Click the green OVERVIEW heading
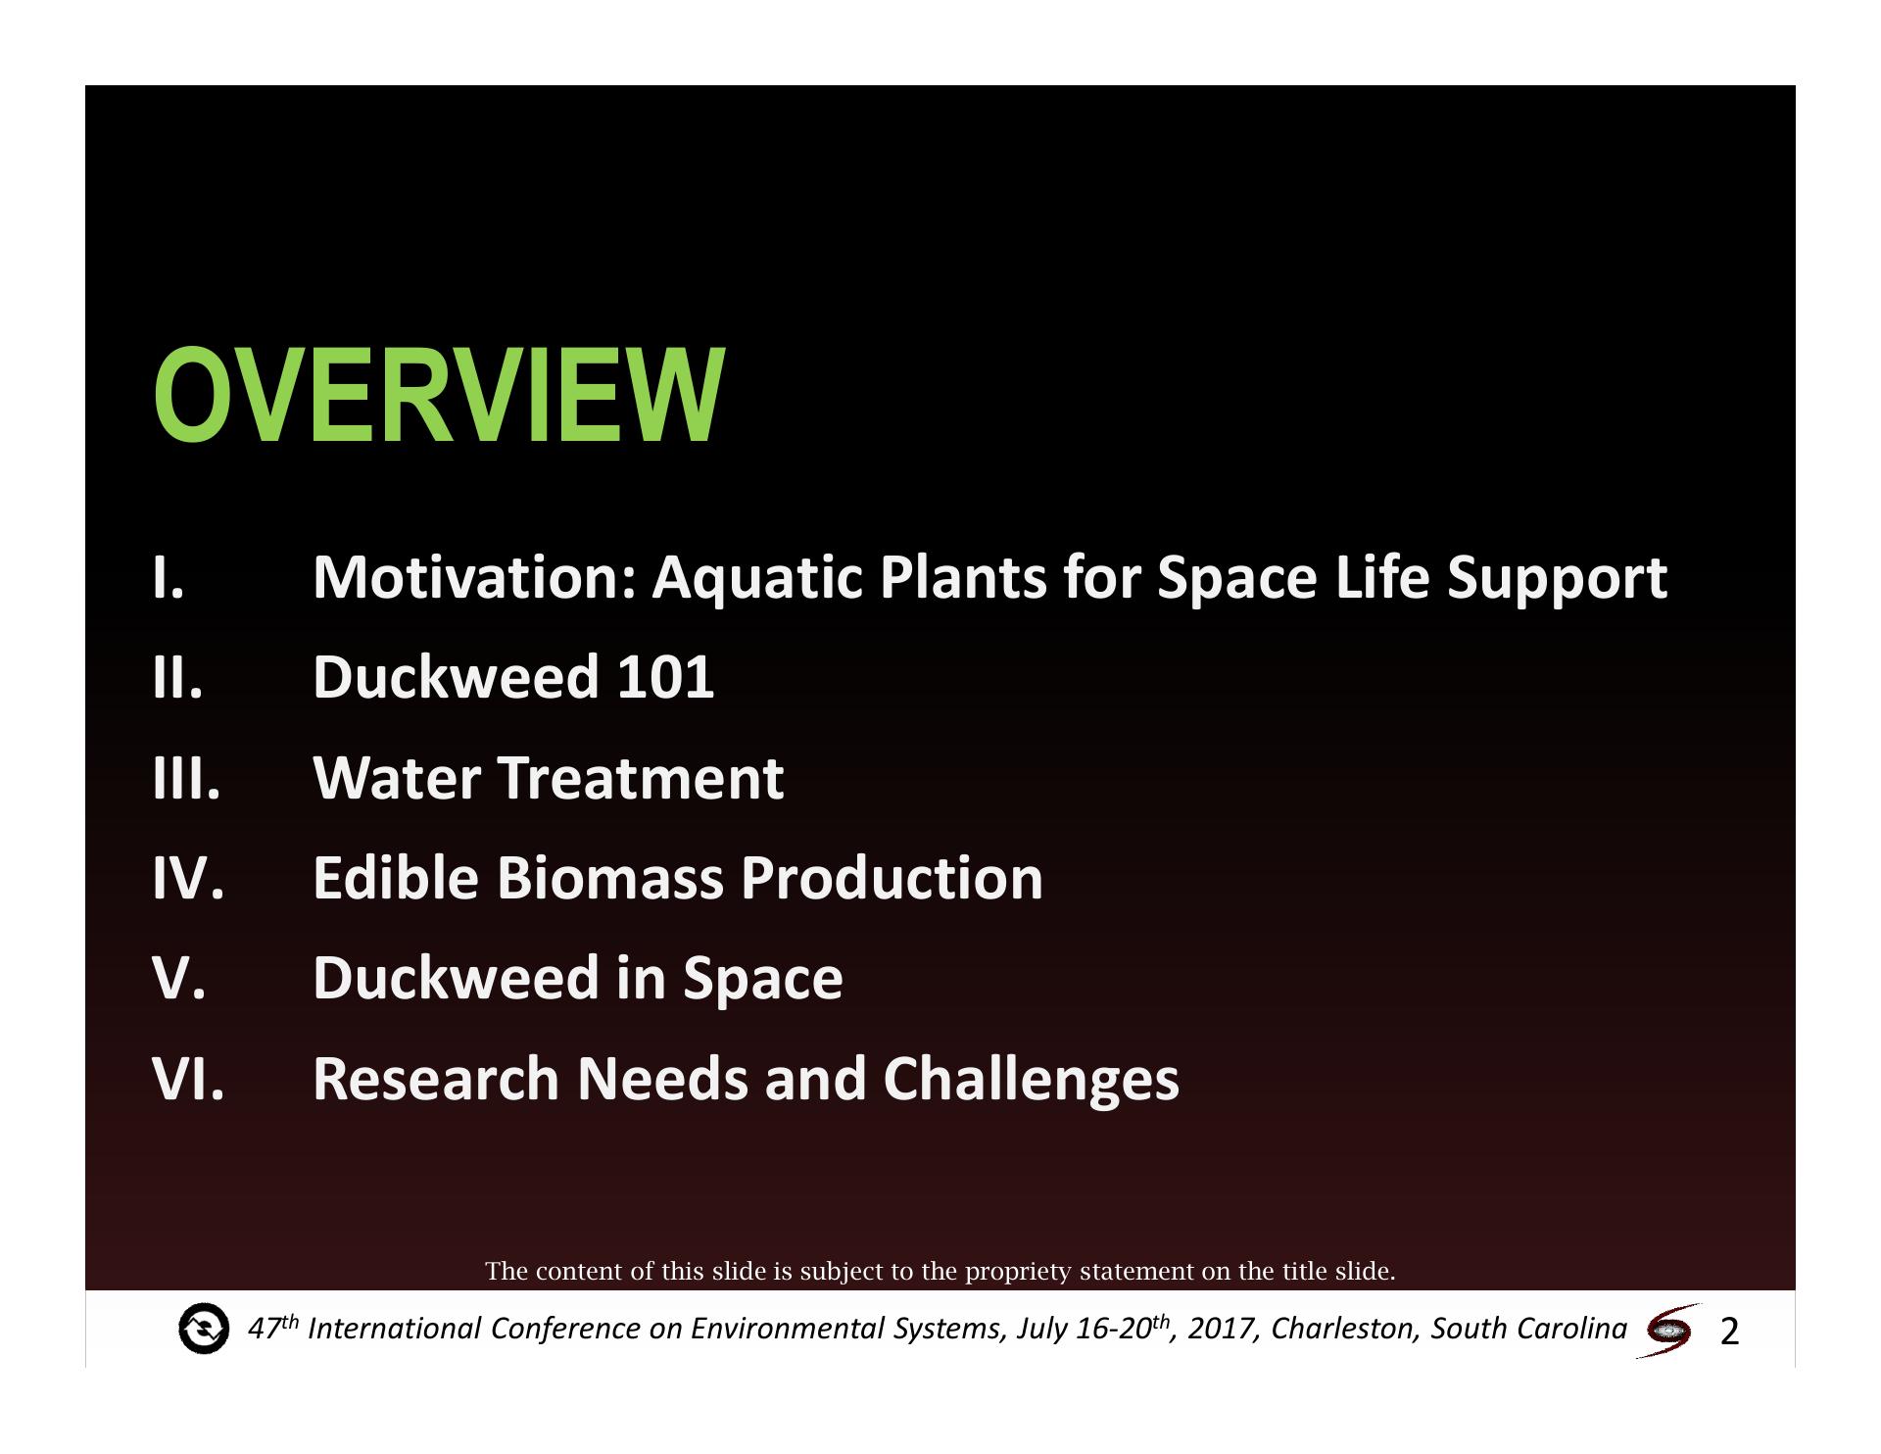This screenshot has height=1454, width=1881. (x=438, y=397)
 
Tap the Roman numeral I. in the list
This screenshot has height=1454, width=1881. (x=168, y=577)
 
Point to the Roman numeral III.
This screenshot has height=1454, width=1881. (x=186, y=778)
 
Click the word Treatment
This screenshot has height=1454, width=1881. (x=641, y=778)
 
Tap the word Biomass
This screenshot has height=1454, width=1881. (x=610, y=878)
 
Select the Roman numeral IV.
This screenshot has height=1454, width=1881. (x=188, y=878)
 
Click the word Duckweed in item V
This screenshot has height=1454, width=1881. (x=456, y=978)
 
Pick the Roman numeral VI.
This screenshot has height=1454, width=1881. (x=188, y=1078)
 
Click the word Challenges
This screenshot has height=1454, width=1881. (x=1032, y=1080)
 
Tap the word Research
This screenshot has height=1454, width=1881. (x=436, y=1078)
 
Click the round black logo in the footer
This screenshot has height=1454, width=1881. (x=204, y=1329)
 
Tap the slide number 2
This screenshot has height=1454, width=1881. (x=1730, y=1332)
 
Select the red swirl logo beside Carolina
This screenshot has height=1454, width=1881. (x=1668, y=1331)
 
